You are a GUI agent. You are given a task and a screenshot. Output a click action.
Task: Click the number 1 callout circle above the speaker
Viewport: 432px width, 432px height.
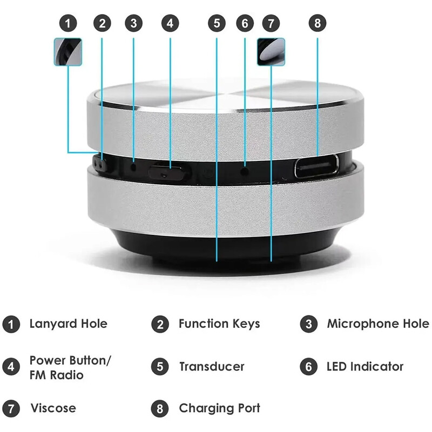pos(68,23)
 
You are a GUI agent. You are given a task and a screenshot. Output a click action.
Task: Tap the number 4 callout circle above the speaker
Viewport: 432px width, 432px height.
pos(170,23)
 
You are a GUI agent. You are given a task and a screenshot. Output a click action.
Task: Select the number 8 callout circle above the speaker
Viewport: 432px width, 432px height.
pos(318,23)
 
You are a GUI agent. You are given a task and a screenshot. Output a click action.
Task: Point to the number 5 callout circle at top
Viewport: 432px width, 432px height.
pos(217,23)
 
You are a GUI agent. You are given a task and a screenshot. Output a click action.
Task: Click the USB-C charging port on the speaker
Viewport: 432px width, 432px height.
pos(316,166)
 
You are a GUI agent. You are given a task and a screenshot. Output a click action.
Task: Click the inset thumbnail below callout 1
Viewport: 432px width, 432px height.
pos(68,52)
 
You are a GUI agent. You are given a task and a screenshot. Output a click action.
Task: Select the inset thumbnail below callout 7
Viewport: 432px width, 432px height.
pos(271,52)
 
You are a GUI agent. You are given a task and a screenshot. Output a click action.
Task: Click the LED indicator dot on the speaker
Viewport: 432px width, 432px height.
pos(245,168)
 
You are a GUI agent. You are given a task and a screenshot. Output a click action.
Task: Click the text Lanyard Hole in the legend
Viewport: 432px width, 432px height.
pos(68,324)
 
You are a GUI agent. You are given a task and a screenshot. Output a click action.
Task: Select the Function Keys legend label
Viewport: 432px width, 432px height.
pos(219,324)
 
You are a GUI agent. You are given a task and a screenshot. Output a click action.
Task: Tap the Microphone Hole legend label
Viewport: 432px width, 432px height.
pos(377,324)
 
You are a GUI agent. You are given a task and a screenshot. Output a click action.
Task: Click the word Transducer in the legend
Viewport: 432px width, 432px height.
pos(212,367)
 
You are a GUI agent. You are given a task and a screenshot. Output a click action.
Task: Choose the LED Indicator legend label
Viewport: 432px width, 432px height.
pos(365,367)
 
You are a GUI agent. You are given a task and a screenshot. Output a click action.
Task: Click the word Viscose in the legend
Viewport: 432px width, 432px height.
pos(53,408)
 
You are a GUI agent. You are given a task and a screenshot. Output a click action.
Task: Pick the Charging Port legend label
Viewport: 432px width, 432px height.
pos(219,408)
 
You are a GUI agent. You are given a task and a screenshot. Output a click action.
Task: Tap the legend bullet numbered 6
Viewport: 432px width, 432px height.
pos(308,367)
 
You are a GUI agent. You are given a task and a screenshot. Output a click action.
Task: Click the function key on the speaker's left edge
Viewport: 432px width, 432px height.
pos(99,163)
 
